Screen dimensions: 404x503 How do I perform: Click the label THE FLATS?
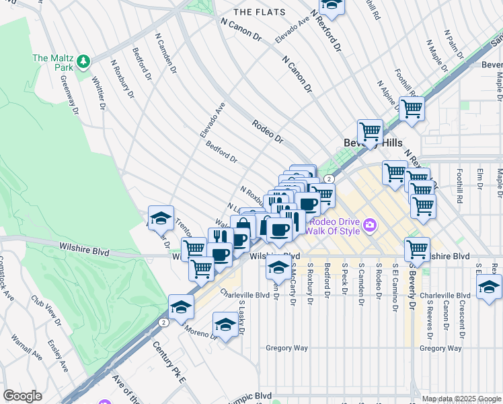(259, 12)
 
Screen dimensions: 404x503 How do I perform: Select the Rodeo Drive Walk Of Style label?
(334, 226)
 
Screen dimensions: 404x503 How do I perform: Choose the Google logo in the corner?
(23, 396)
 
